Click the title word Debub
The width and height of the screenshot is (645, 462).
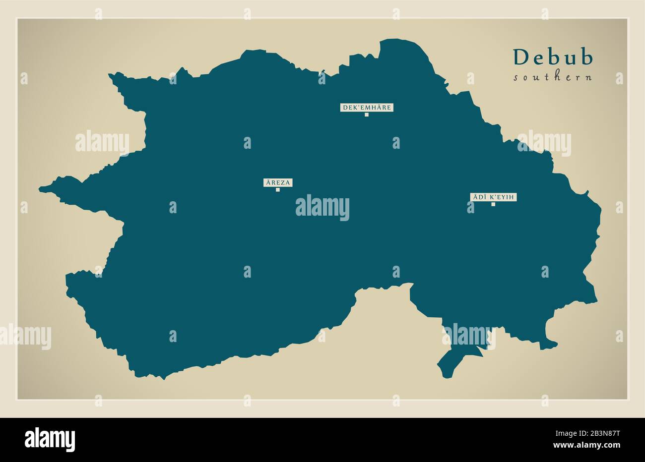click(x=553, y=58)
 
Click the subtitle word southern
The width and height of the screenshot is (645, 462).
click(x=553, y=77)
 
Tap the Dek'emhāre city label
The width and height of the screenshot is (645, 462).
click(x=366, y=107)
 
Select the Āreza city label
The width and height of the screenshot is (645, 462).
click(x=278, y=182)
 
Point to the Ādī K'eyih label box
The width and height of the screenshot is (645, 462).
click(x=494, y=197)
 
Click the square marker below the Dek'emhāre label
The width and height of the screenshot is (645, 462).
click(x=367, y=115)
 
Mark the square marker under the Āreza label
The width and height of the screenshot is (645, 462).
click(x=278, y=190)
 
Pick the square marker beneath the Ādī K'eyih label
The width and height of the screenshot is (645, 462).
click(x=493, y=204)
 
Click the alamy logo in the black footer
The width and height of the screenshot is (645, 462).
click(x=50, y=439)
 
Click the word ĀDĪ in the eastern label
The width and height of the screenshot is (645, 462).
click(x=479, y=197)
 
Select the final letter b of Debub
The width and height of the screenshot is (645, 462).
click(x=587, y=58)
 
